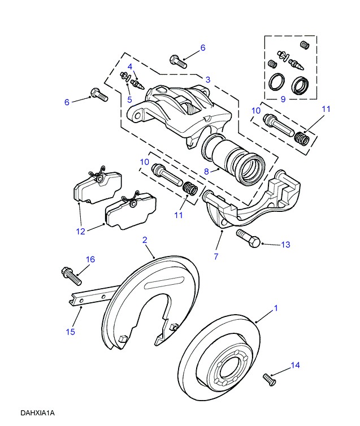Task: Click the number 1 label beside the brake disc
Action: [276, 308]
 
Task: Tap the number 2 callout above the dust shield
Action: [145, 240]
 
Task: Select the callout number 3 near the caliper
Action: [207, 80]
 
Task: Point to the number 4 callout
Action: [129, 67]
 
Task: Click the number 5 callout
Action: [129, 100]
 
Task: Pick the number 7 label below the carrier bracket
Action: [215, 257]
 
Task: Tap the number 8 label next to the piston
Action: [207, 171]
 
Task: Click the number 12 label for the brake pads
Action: [80, 231]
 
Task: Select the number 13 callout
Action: [285, 245]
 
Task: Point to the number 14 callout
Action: [294, 366]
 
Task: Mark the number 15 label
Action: [70, 332]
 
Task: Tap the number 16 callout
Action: [90, 259]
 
